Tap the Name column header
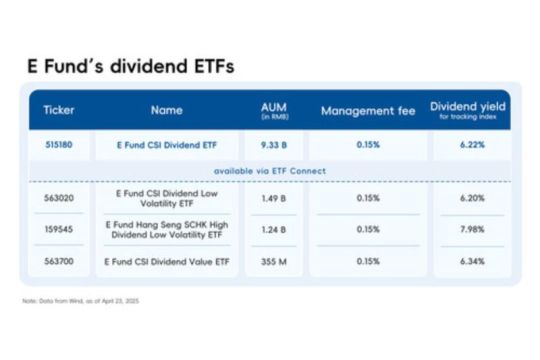click(166, 110)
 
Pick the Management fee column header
click(367, 110)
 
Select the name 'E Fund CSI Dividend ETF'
click(166, 144)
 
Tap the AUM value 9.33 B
click(274, 144)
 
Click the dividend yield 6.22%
click(470, 144)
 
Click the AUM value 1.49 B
click(274, 198)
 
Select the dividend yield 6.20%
click(470, 198)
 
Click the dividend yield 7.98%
click(470, 230)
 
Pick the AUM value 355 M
click(274, 260)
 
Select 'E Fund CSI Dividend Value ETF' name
click(166, 260)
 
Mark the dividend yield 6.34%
click(470, 260)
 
